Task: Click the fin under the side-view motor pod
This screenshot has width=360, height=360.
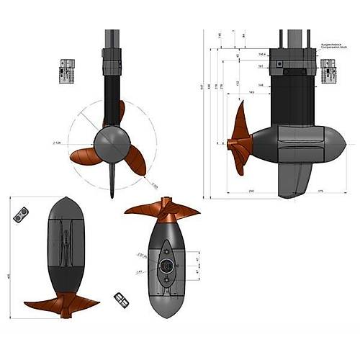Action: pos(292,179)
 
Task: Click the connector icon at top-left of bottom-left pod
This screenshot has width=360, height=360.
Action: pos(23,214)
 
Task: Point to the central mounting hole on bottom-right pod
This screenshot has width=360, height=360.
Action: pos(168,265)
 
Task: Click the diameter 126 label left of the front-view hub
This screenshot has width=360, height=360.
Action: pos(75,143)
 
